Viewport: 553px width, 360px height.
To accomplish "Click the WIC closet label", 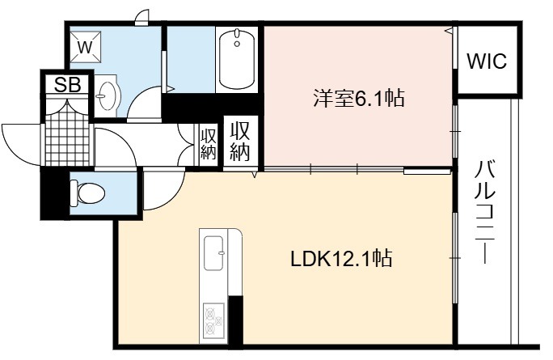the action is [x=487, y=61].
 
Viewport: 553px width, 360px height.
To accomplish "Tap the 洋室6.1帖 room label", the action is [x=359, y=98].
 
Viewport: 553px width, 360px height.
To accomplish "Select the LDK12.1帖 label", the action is [x=341, y=259].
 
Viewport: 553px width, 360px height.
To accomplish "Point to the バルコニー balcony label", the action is [x=484, y=212].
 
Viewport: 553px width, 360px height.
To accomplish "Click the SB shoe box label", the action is [x=67, y=84].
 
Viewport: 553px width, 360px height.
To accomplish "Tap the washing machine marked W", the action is [x=86, y=47].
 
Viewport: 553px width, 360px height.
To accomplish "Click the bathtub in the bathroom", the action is [x=237, y=59].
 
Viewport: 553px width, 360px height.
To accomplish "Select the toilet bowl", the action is [x=87, y=193].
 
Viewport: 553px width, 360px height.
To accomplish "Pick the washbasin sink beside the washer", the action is [x=108, y=95].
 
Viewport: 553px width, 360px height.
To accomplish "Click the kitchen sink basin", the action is [x=213, y=252].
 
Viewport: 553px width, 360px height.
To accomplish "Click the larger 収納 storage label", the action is [x=240, y=142].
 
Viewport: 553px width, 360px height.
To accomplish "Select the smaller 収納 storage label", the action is [x=208, y=144].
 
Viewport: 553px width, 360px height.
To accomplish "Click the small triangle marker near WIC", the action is [x=449, y=31].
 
